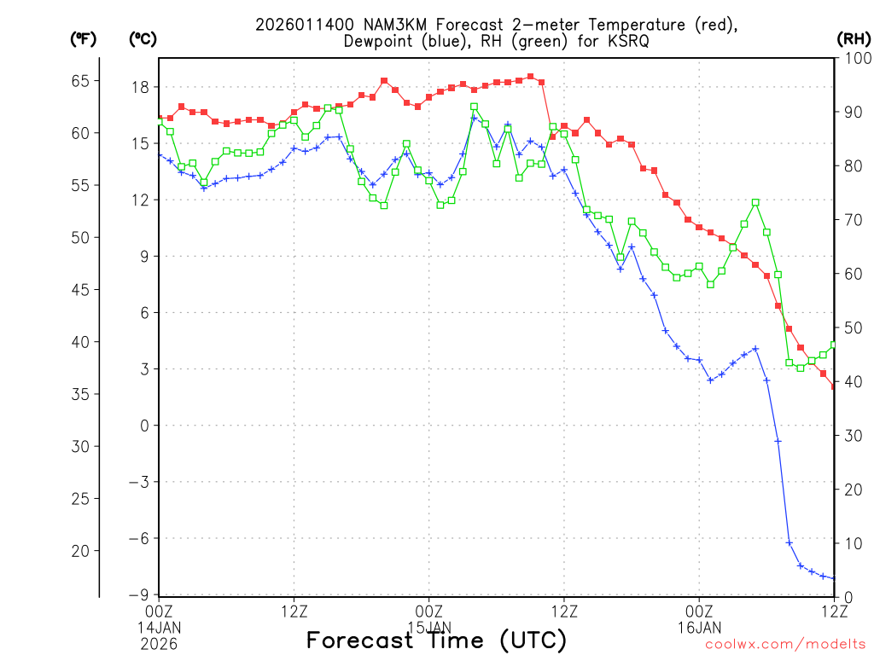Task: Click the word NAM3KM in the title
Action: pos(376,25)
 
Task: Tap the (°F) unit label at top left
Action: pos(83,38)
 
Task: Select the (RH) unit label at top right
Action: pos(852,38)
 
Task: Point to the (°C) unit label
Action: pos(143,38)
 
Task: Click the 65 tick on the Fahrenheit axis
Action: pos(79,81)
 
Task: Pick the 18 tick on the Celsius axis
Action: pos(141,87)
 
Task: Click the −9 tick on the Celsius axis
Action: pos(139,594)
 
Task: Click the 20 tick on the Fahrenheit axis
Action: pos(79,551)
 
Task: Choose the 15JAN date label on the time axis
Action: pos(428,628)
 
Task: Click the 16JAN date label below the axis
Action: pos(699,628)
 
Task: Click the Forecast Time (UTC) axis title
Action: pos(436,640)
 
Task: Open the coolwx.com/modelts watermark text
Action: pos(785,645)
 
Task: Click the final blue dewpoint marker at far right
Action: pos(834,578)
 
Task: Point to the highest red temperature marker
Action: pos(530,76)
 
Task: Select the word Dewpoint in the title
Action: pos(384,42)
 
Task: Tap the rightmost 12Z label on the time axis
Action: pos(834,610)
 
